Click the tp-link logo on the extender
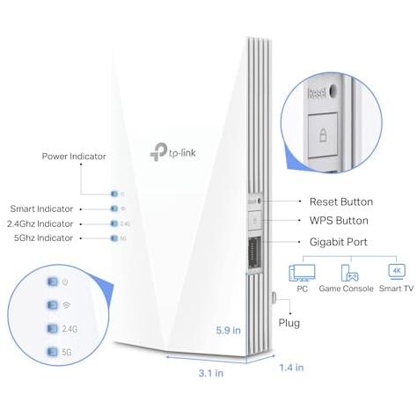(172, 152)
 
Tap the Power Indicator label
(74, 157)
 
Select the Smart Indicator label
(41, 208)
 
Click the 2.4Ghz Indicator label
(40, 223)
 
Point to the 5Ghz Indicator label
(43, 238)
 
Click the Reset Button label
(341, 201)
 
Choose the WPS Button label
(339, 221)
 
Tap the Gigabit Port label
(339, 242)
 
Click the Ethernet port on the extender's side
(254, 252)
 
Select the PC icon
(302, 273)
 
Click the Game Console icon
(349, 273)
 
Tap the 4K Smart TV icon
(397, 271)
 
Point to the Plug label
(289, 323)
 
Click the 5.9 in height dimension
(228, 330)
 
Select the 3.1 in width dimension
(211, 373)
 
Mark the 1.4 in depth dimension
(291, 368)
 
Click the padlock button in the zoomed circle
(323, 135)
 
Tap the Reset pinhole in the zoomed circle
(333, 91)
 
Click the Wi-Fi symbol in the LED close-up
(66, 305)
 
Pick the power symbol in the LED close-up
(65, 282)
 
